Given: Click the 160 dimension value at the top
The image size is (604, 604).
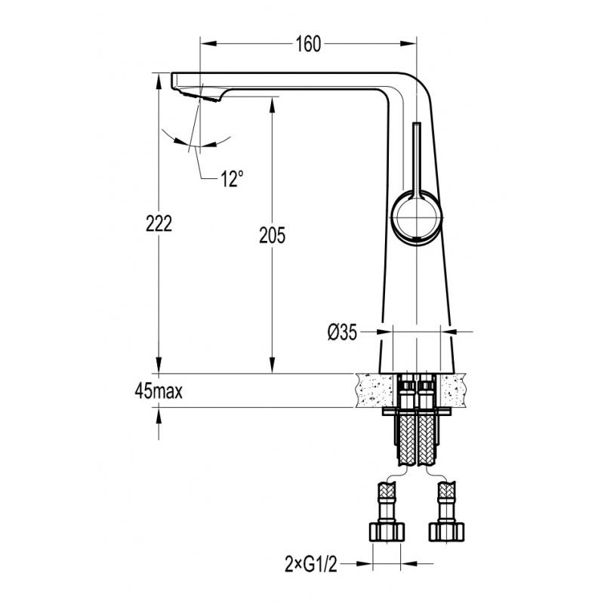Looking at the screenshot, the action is pyautogui.click(x=308, y=44).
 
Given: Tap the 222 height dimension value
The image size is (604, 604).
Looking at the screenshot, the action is pyautogui.click(x=159, y=223).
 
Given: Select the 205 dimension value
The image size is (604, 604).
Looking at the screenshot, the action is pyautogui.click(x=272, y=236).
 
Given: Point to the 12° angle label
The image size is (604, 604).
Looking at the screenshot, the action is pyautogui.click(x=232, y=178).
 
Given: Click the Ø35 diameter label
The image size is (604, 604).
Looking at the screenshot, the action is pyautogui.click(x=342, y=332).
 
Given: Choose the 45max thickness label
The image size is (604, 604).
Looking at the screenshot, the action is pyautogui.click(x=159, y=391).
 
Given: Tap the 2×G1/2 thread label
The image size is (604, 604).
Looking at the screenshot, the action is pyautogui.click(x=311, y=565).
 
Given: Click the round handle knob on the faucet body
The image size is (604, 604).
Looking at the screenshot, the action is pyautogui.click(x=417, y=217).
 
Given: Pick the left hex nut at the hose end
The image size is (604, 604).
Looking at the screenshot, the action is pyautogui.click(x=387, y=532).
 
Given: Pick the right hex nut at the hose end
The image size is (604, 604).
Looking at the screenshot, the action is pyautogui.click(x=446, y=532).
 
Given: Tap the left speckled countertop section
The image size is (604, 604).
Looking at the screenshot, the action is pyautogui.click(x=374, y=390).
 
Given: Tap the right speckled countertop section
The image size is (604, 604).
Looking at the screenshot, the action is pyautogui.click(x=454, y=390).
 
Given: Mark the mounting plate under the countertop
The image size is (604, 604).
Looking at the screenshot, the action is pyautogui.click(x=417, y=411).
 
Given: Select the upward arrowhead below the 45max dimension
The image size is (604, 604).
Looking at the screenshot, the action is pyautogui.click(x=159, y=416).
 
